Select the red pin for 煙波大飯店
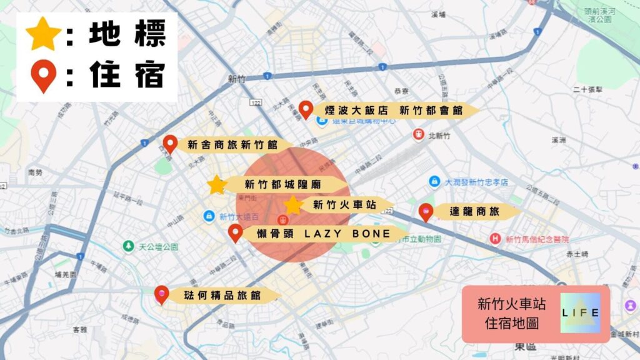pyautogui.click(x=306, y=109)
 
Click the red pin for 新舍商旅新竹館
pyautogui.click(x=170, y=144)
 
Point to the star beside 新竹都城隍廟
pyautogui.click(x=217, y=184)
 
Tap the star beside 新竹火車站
pyautogui.click(x=293, y=204)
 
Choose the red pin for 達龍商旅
pyautogui.click(x=426, y=212)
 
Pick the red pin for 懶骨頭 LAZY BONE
pyautogui.click(x=235, y=232)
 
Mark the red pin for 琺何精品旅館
pyautogui.click(x=161, y=294)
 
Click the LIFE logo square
pyautogui.click(x=580, y=312)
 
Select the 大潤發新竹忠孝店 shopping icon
pyautogui.click(x=434, y=181)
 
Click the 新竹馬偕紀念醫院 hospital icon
pyautogui.click(x=496, y=238)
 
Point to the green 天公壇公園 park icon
pyautogui.click(x=128, y=246)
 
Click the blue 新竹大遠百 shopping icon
pyautogui.click(x=209, y=216)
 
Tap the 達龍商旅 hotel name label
pyautogui.click(x=475, y=212)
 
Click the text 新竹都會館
pyautogui.click(x=431, y=111)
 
